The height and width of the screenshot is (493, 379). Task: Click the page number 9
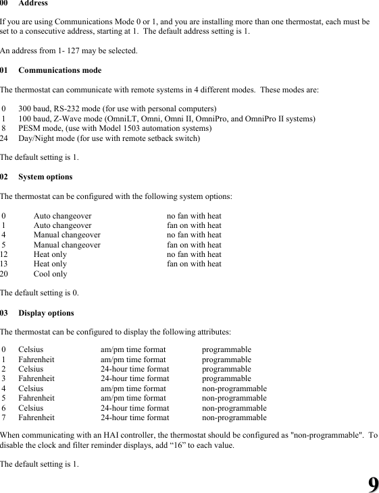[x=372, y=483]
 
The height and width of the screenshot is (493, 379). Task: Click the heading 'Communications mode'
[x=60, y=70]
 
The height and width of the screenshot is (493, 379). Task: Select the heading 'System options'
[x=45, y=177]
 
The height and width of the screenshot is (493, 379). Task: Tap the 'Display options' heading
[x=46, y=313]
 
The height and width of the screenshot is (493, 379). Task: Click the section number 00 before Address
[x=5, y=3]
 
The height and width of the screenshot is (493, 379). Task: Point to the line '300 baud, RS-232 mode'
[x=118, y=109]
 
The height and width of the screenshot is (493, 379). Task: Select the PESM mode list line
[x=115, y=128]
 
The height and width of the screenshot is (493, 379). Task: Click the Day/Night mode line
[x=109, y=138]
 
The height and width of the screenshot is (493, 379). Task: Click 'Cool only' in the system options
[x=50, y=274]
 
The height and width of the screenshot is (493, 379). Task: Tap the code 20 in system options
[x=5, y=274]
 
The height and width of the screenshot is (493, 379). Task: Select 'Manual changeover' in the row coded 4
[x=67, y=235]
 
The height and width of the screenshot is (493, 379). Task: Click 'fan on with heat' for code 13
[x=194, y=264]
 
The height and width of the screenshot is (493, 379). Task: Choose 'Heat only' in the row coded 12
[x=50, y=255]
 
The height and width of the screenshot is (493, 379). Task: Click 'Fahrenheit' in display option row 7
[x=36, y=417]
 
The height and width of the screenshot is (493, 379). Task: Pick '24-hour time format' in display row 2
[x=134, y=370]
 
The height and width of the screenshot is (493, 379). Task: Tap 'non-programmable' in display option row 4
[x=234, y=388]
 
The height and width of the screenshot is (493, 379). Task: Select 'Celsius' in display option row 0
[x=30, y=350]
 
